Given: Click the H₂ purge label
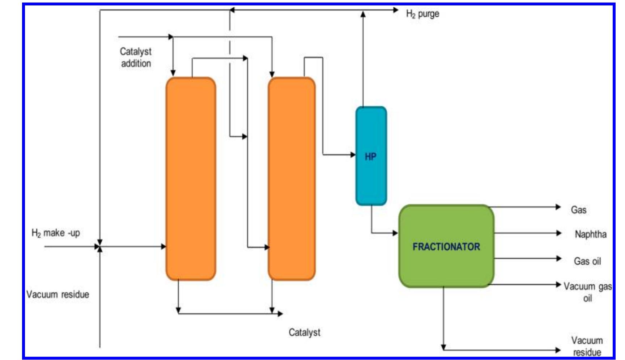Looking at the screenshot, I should pos(422,14).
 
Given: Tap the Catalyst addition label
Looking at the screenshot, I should pos(136,58).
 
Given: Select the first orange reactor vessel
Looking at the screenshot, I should pos(191,179).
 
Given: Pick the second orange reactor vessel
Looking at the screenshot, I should pos(292,179).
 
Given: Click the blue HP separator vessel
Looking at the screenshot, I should pos(371,156).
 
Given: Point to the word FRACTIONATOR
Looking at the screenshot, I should pos(446,247).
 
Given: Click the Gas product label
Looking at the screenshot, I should pos(578,210).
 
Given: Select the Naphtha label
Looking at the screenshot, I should pos(590,234).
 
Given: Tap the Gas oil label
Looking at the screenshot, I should pos(587,261).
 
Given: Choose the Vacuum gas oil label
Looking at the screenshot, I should pos(587,292).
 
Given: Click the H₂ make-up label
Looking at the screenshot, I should pos(56,233).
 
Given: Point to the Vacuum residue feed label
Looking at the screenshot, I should pos(58,295).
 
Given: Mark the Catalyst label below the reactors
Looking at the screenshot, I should pos(304,333).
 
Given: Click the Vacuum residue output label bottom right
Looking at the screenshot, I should pos(587,346).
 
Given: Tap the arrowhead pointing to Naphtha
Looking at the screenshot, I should pos(558,233).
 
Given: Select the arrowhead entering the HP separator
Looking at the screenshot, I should pos(353,155).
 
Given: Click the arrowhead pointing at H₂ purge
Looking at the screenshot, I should pos(396,10).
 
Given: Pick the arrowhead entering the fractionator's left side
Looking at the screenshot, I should pos(395,233).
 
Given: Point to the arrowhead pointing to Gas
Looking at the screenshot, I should pos(558,207).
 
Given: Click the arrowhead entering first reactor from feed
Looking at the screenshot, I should pos(163,247).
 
